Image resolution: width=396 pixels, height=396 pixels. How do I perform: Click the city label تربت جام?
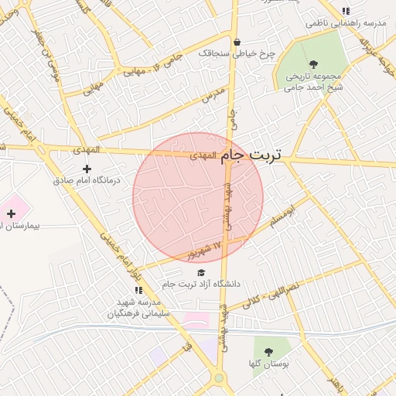click(x=252, y=155)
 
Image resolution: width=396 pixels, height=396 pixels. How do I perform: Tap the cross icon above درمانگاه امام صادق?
click(x=87, y=168)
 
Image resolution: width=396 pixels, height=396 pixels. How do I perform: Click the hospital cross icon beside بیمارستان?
click(x=11, y=213)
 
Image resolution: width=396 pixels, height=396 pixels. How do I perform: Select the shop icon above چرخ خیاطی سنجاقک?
click(x=236, y=43)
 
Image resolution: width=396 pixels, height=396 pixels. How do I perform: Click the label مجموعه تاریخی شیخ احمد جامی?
click(x=314, y=82)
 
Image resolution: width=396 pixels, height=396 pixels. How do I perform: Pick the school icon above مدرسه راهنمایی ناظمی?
click(x=346, y=11)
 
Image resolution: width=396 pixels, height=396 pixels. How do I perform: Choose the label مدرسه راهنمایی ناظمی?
click(x=338, y=23)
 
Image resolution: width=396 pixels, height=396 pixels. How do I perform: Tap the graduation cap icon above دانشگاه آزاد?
click(x=202, y=272)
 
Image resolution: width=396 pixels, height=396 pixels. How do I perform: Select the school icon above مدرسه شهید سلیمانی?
click(x=138, y=290)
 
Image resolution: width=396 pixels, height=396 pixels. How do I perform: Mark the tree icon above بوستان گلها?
click(x=269, y=352)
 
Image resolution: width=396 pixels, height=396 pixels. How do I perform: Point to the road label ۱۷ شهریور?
click(x=206, y=250)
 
